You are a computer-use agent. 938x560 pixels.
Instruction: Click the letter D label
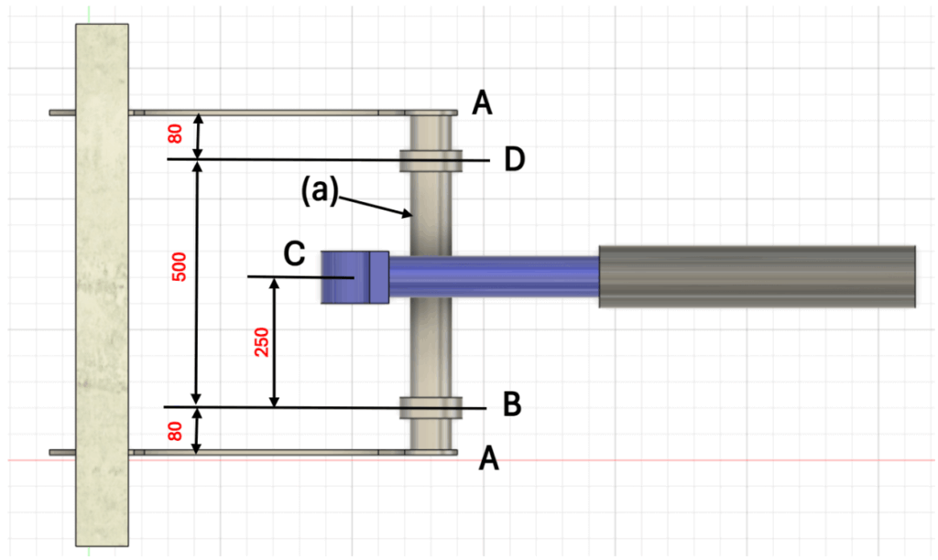coord(514,160)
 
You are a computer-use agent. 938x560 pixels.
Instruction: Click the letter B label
coord(512,404)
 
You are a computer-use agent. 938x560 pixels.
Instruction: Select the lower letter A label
coord(489,459)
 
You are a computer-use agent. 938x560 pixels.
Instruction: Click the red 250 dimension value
coord(260,341)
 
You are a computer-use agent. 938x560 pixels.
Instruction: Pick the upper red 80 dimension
coord(175,134)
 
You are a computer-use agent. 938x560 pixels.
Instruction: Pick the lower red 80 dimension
coord(175,428)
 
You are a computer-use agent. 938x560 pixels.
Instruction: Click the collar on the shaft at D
coord(431,161)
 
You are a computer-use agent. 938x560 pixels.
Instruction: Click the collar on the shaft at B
coord(431,407)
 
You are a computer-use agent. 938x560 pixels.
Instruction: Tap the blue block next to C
coord(354,278)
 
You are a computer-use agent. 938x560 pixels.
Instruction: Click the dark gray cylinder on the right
coord(757,276)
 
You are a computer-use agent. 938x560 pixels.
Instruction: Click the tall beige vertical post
coord(102,284)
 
